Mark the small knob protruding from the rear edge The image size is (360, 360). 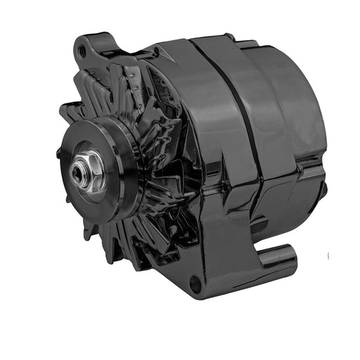click(324, 188)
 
